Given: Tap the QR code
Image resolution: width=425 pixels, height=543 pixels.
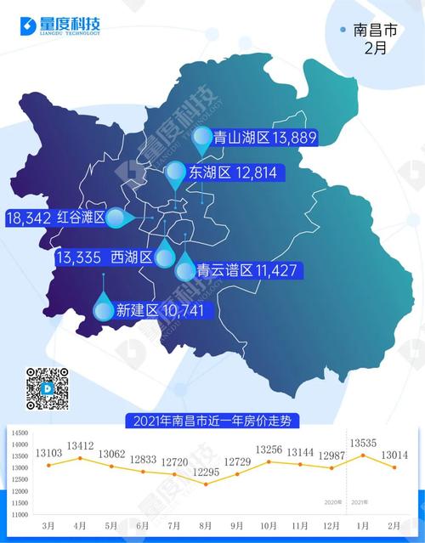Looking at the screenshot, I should point(47,388).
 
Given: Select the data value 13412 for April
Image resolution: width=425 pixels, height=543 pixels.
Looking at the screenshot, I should point(81,445).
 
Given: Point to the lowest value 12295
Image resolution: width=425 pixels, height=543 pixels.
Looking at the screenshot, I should point(207,472).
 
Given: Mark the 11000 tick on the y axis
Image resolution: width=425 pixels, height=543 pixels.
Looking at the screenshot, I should point(20,515).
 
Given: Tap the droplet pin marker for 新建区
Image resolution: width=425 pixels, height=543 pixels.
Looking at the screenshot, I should point(104,310).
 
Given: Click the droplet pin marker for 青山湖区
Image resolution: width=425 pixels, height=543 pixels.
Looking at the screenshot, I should point(201,136).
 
